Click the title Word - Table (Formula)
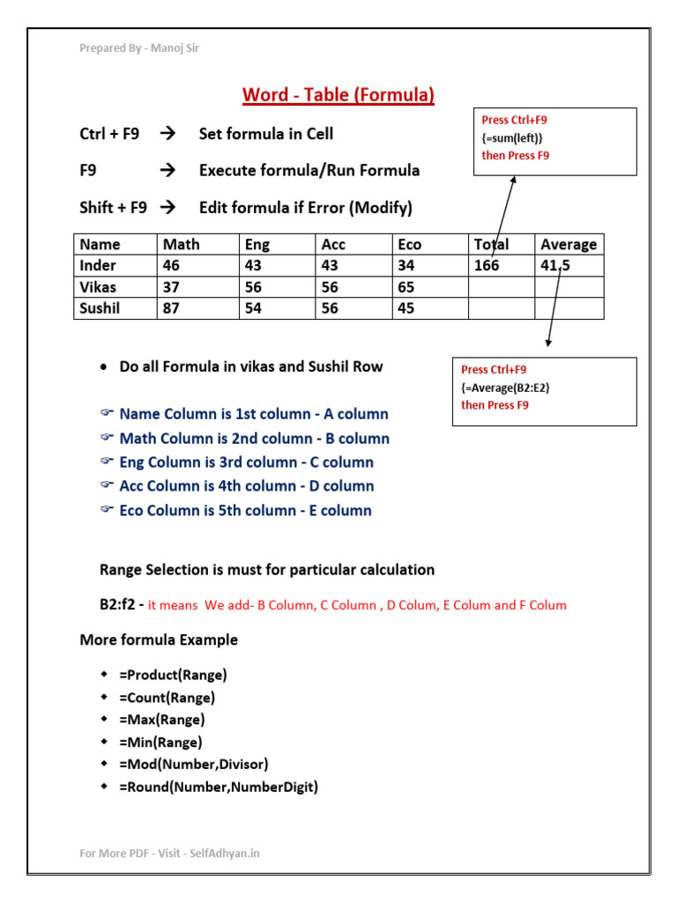[338, 95]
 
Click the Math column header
[181, 244]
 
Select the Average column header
[569, 244]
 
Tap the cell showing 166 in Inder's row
[487, 265]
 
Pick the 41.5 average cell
[555, 265]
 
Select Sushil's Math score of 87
[172, 308]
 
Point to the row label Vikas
[97, 287]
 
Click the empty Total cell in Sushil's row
[501, 308]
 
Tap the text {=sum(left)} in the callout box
[512, 137]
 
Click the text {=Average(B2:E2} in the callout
[511, 388]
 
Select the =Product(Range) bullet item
[173, 676]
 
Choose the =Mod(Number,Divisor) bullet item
[193, 765]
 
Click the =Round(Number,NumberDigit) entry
[219, 787]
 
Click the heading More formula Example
[159, 640]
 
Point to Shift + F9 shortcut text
[113, 208]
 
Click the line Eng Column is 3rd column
[246, 462]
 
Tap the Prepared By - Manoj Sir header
[139, 48]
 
